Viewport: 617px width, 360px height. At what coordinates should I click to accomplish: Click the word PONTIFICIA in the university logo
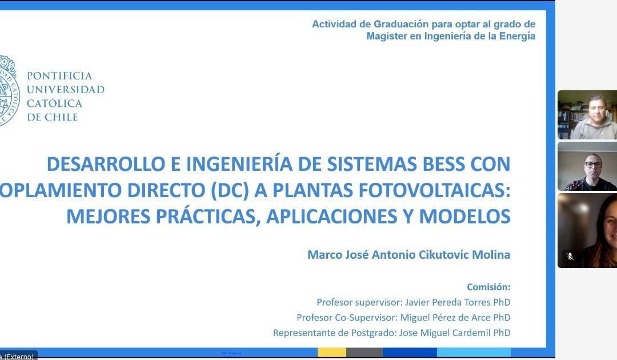[59, 76]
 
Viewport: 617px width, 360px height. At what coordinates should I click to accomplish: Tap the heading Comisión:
[488, 287]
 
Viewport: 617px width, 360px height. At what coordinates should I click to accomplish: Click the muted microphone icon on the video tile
[570, 257]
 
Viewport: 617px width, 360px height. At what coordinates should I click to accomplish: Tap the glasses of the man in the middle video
[593, 165]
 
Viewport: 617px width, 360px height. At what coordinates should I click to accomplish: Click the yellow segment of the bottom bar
[332, 352]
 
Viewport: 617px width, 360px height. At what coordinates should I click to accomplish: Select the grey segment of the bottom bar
[364, 352]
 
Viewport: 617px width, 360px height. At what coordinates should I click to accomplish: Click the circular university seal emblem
[9, 90]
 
